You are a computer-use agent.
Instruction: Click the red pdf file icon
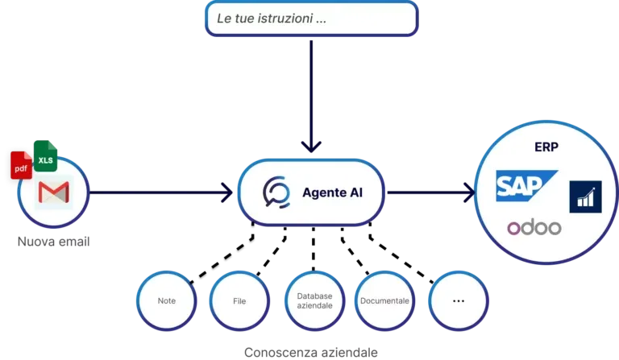(x=21, y=165)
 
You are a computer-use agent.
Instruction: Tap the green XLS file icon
(x=45, y=155)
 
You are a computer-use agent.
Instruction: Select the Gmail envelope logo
(x=54, y=192)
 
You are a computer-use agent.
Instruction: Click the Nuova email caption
(x=54, y=242)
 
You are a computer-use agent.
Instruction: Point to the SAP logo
(x=526, y=186)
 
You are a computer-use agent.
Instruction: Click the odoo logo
(x=534, y=227)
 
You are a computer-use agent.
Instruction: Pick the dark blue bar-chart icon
(x=585, y=197)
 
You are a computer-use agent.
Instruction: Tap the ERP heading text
(x=546, y=147)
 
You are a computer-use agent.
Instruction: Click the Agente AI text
(x=332, y=192)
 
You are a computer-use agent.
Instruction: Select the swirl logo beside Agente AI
(x=276, y=192)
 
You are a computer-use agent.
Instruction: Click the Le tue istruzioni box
(x=311, y=19)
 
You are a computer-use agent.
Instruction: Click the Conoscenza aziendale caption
(x=311, y=352)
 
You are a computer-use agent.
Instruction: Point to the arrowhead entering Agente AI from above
(x=311, y=147)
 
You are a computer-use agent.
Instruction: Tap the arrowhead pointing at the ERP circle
(x=469, y=192)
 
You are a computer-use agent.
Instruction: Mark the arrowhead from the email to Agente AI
(x=227, y=192)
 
